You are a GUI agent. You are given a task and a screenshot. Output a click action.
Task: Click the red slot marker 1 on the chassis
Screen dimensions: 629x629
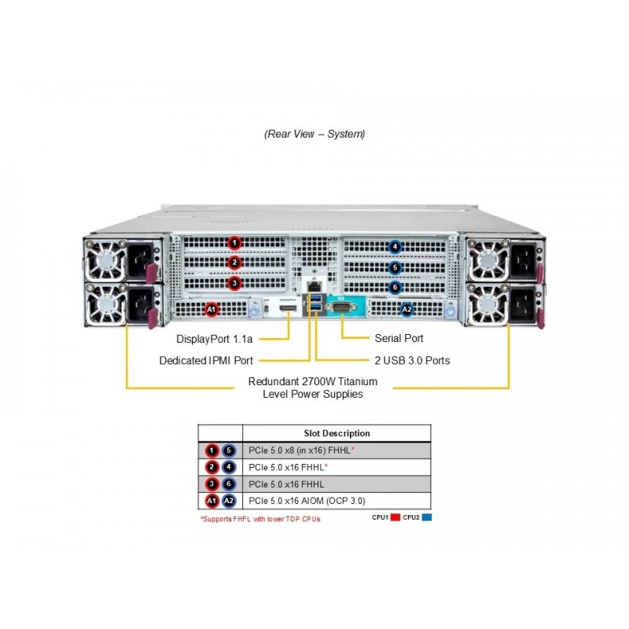pyautogui.click(x=234, y=243)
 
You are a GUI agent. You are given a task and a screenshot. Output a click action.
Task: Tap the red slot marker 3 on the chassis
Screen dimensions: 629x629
pyautogui.click(x=234, y=283)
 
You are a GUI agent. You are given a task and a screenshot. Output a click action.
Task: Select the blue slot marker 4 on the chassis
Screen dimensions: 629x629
pyautogui.click(x=395, y=247)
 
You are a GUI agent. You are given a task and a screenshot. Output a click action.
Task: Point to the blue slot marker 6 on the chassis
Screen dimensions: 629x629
pyautogui.click(x=395, y=287)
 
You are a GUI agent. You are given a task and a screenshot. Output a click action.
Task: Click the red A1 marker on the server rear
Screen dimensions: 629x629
pyautogui.click(x=212, y=309)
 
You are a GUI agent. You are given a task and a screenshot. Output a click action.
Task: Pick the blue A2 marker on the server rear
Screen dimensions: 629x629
pyautogui.click(x=406, y=309)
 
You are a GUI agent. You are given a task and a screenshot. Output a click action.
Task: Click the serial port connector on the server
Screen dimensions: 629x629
pyautogui.click(x=341, y=308)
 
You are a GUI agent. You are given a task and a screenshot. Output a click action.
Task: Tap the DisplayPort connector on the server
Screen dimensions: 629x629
pyautogui.click(x=288, y=308)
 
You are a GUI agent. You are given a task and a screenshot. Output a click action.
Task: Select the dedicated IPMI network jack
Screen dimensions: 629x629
pyautogui.click(x=314, y=286)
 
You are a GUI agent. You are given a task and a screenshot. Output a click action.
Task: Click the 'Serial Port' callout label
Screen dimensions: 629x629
pyautogui.click(x=399, y=338)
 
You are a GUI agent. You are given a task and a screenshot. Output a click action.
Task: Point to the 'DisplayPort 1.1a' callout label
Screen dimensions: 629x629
pyautogui.click(x=214, y=339)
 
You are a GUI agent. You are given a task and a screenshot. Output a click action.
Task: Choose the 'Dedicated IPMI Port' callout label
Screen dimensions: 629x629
pyautogui.click(x=206, y=360)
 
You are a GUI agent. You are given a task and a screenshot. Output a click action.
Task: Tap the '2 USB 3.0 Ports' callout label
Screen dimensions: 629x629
pyautogui.click(x=412, y=360)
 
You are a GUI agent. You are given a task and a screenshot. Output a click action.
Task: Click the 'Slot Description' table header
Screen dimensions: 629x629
pyautogui.click(x=337, y=433)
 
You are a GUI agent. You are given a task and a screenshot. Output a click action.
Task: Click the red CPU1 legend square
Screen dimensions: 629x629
pyautogui.click(x=395, y=517)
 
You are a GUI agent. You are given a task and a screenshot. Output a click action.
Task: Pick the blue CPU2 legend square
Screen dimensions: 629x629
pyautogui.click(x=427, y=517)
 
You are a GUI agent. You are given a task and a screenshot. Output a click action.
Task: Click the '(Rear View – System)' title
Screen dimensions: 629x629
pyautogui.click(x=314, y=134)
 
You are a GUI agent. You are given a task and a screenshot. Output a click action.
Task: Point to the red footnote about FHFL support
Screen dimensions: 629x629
pyautogui.click(x=260, y=519)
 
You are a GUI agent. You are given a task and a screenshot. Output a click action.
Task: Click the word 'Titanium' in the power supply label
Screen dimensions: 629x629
pyautogui.click(x=358, y=381)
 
